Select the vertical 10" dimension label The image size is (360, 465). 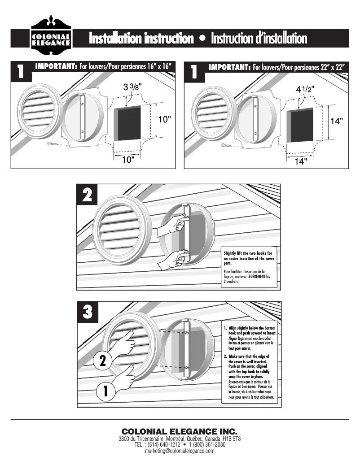164,119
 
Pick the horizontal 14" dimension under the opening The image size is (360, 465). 301,161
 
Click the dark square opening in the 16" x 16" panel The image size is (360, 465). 127,123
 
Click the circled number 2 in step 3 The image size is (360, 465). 102,361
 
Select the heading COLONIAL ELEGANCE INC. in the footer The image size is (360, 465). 180,431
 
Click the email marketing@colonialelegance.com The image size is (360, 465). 180,451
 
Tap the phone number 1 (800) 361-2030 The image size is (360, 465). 207,444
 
